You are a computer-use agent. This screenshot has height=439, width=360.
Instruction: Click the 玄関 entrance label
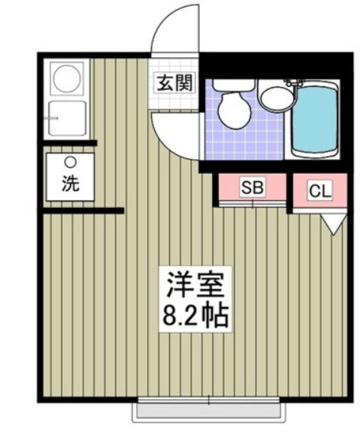pyautogui.click(x=175, y=83)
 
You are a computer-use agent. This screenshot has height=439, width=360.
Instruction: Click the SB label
pyautogui.click(x=252, y=187)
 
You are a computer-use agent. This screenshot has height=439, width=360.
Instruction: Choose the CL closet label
pyautogui.click(x=320, y=191)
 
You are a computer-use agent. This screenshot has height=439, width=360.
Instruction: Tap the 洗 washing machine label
pyautogui.click(x=69, y=183)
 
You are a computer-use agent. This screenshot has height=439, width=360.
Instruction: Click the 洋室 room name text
pyautogui.click(x=193, y=286)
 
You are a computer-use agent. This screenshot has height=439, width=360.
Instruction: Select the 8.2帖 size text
pyautogui.click(x=193, y=314)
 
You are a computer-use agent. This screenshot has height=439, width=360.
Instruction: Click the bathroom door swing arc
pyautogui.click(x=174, y=131)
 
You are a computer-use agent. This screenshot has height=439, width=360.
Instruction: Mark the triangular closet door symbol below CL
pyautogui.click(x=331, y=225)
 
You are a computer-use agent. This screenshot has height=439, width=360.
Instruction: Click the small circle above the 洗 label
pyautogui.click(x=70, y=162)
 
